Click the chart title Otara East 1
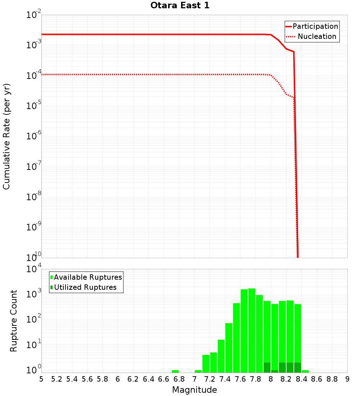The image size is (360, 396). (180, 6)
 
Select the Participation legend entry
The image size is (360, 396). (315, 26)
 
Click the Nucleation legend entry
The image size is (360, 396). (317, 36)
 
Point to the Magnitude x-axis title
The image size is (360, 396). (194, 390)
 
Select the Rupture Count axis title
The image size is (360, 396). (14, 321)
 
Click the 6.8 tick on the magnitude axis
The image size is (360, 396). (179, 379)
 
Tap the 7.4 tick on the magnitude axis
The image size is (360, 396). (225, 379)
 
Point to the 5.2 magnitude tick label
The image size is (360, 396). (57, 379)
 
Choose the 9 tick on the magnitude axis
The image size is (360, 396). (347, 379)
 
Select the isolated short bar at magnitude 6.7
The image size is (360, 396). (175, 371)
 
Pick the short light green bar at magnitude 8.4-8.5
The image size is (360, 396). (305, 371)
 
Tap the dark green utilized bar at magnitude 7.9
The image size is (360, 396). (267, 368)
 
